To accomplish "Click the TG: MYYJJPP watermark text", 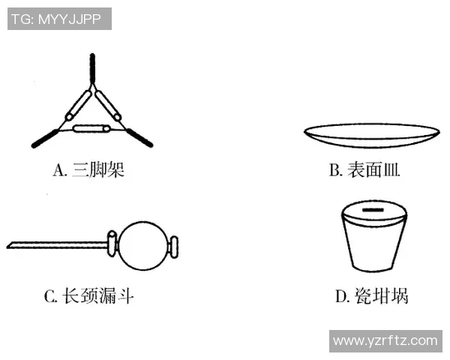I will coord(59,19).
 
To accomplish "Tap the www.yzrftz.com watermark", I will coord(385,340).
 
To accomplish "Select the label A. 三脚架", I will coord(88,170).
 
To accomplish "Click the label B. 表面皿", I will coord(364,170).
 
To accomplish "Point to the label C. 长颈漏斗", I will coord(89,296).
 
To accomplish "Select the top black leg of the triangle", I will coord(91,69).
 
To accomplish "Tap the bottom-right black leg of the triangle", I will coord(139,136).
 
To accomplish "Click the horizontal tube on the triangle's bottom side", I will coord(92,129).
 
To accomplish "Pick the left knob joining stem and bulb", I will coord(113,242).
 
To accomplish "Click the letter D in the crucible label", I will coord(340,297).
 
